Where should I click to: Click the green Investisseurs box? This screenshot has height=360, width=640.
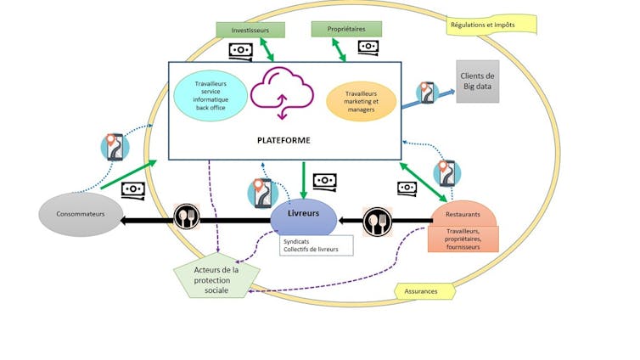point(250,30)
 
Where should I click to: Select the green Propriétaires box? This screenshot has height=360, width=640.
point(343,30)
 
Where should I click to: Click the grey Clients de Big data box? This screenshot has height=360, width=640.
point(477,81)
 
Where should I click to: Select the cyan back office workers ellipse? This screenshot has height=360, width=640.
point(205,96)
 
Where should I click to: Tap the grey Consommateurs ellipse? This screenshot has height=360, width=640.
point(76,215)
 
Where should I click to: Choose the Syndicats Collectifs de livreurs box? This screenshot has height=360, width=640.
point(316,245)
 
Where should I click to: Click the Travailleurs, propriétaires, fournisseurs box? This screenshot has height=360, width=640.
point(463,239)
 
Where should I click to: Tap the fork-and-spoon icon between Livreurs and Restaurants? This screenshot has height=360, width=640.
point(378,222)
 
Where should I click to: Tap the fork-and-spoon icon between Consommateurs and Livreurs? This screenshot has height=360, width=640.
point(186,218)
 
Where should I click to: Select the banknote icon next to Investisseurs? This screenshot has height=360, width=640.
point(240,51)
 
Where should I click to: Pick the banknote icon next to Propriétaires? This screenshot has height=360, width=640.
point(368,47)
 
